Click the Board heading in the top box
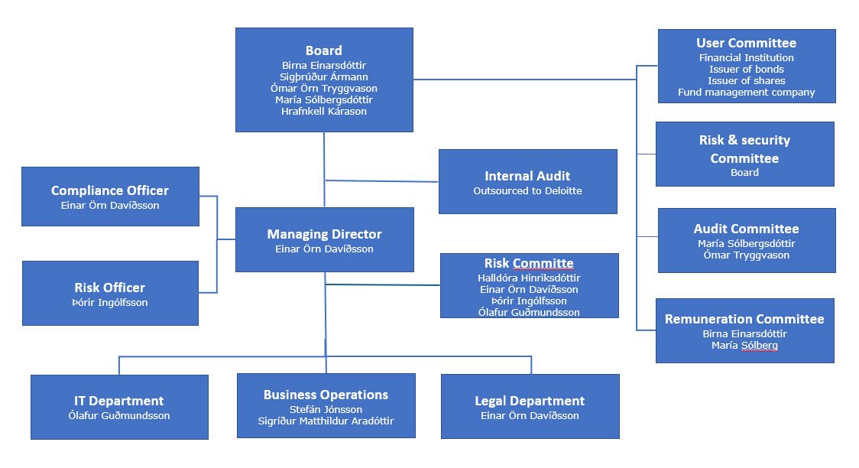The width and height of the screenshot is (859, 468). (x=324, y=50)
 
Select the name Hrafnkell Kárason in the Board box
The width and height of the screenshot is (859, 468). (x=324, y=111)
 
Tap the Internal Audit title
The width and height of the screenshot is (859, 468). (x=527, y=177)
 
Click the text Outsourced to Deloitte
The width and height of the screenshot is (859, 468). (x=527, y=190)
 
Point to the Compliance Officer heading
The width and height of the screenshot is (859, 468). (x=110, y=190)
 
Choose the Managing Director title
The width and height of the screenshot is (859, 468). (x=324, y=234)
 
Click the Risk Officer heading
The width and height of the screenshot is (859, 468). (x=110, y=288)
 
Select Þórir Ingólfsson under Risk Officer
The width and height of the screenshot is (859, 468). (x=110, y=302)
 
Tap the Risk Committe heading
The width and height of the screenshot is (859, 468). (x=529, y=264)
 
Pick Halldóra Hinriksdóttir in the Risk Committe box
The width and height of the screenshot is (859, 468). (x=529, y=278)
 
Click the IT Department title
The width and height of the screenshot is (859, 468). (x=119, y=401)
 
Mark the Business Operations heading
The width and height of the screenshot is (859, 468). (x=326, y=395)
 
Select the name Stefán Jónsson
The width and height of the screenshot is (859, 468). (x=326, y=409)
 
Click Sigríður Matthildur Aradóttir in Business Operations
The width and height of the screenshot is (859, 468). (x=326, y=421)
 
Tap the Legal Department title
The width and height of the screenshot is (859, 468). (x=530, y=401)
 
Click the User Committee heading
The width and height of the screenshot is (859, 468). (x=746, y=43)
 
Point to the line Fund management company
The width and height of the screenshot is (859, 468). (x=746, y=93)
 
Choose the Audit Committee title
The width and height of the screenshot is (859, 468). (x=746, y=229)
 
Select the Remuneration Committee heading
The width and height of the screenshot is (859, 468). (x=744, y=319)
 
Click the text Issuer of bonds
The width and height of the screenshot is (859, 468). (x=746, y=69)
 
